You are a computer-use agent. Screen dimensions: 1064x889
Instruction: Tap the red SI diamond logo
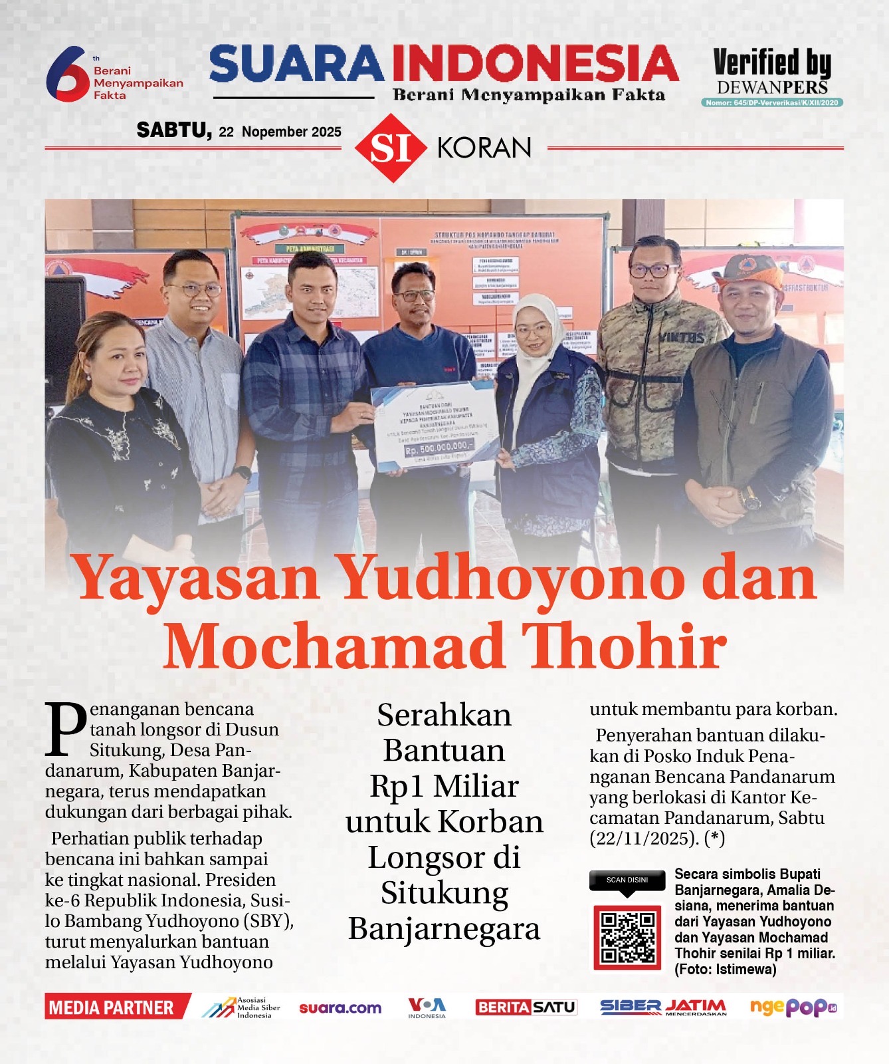click(390, 148)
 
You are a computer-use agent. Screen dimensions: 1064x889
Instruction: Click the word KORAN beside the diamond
click(484, 148)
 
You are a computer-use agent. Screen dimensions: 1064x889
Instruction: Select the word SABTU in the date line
click(174, 130)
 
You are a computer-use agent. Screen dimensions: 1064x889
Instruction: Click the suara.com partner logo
click(340, 1008)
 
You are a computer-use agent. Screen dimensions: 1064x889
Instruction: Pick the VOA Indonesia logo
click(427, 1007)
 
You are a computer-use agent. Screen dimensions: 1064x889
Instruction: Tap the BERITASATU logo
click(526, 1007)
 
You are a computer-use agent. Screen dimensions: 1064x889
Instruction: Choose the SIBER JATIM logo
click(662, 1007)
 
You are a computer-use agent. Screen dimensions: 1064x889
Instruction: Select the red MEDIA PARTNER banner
click(113, 1007)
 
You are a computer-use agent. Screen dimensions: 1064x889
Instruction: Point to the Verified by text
click(772, 63)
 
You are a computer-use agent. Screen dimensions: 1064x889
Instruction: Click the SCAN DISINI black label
click(627, 880)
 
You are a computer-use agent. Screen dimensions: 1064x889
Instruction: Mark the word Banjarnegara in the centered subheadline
click(444, 928)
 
